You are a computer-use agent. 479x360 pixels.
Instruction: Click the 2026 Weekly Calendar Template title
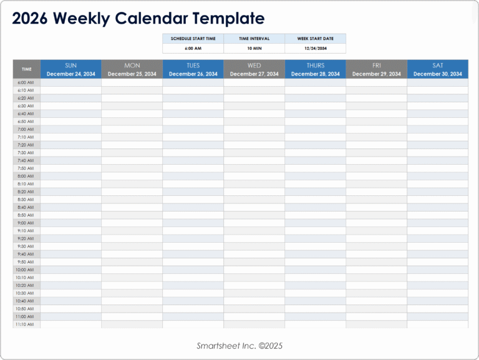(138, 19)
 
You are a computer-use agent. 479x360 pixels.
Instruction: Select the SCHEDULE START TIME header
(193, 38)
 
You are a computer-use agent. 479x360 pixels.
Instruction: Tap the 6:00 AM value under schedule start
(193, 48)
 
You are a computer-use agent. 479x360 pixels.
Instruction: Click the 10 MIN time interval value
(254, 48)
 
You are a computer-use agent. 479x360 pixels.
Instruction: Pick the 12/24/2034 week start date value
(316, 48)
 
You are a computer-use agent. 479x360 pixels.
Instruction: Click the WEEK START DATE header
(316, 38)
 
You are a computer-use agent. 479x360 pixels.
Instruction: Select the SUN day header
(71, 66)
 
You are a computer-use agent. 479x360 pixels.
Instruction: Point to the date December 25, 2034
(132, 74)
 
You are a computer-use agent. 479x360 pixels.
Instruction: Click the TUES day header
(193, 66)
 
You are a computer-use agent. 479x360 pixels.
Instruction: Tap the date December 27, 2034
(254, 74)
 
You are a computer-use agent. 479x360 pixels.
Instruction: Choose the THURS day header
(316, 66)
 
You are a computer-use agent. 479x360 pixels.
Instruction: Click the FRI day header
(377, 66)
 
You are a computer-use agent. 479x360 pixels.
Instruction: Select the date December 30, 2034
(438, 74)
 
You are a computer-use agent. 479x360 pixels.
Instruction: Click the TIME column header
(27, 69)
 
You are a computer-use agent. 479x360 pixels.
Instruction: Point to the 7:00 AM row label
(26, 129)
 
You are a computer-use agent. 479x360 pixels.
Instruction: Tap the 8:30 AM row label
(26, 200)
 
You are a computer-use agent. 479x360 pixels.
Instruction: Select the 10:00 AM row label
(26, 270)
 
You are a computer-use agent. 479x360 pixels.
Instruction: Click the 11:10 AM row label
(26, 324)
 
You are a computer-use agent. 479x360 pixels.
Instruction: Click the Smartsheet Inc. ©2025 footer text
(240, 346)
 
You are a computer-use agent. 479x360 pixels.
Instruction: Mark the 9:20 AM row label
(26, 238)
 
